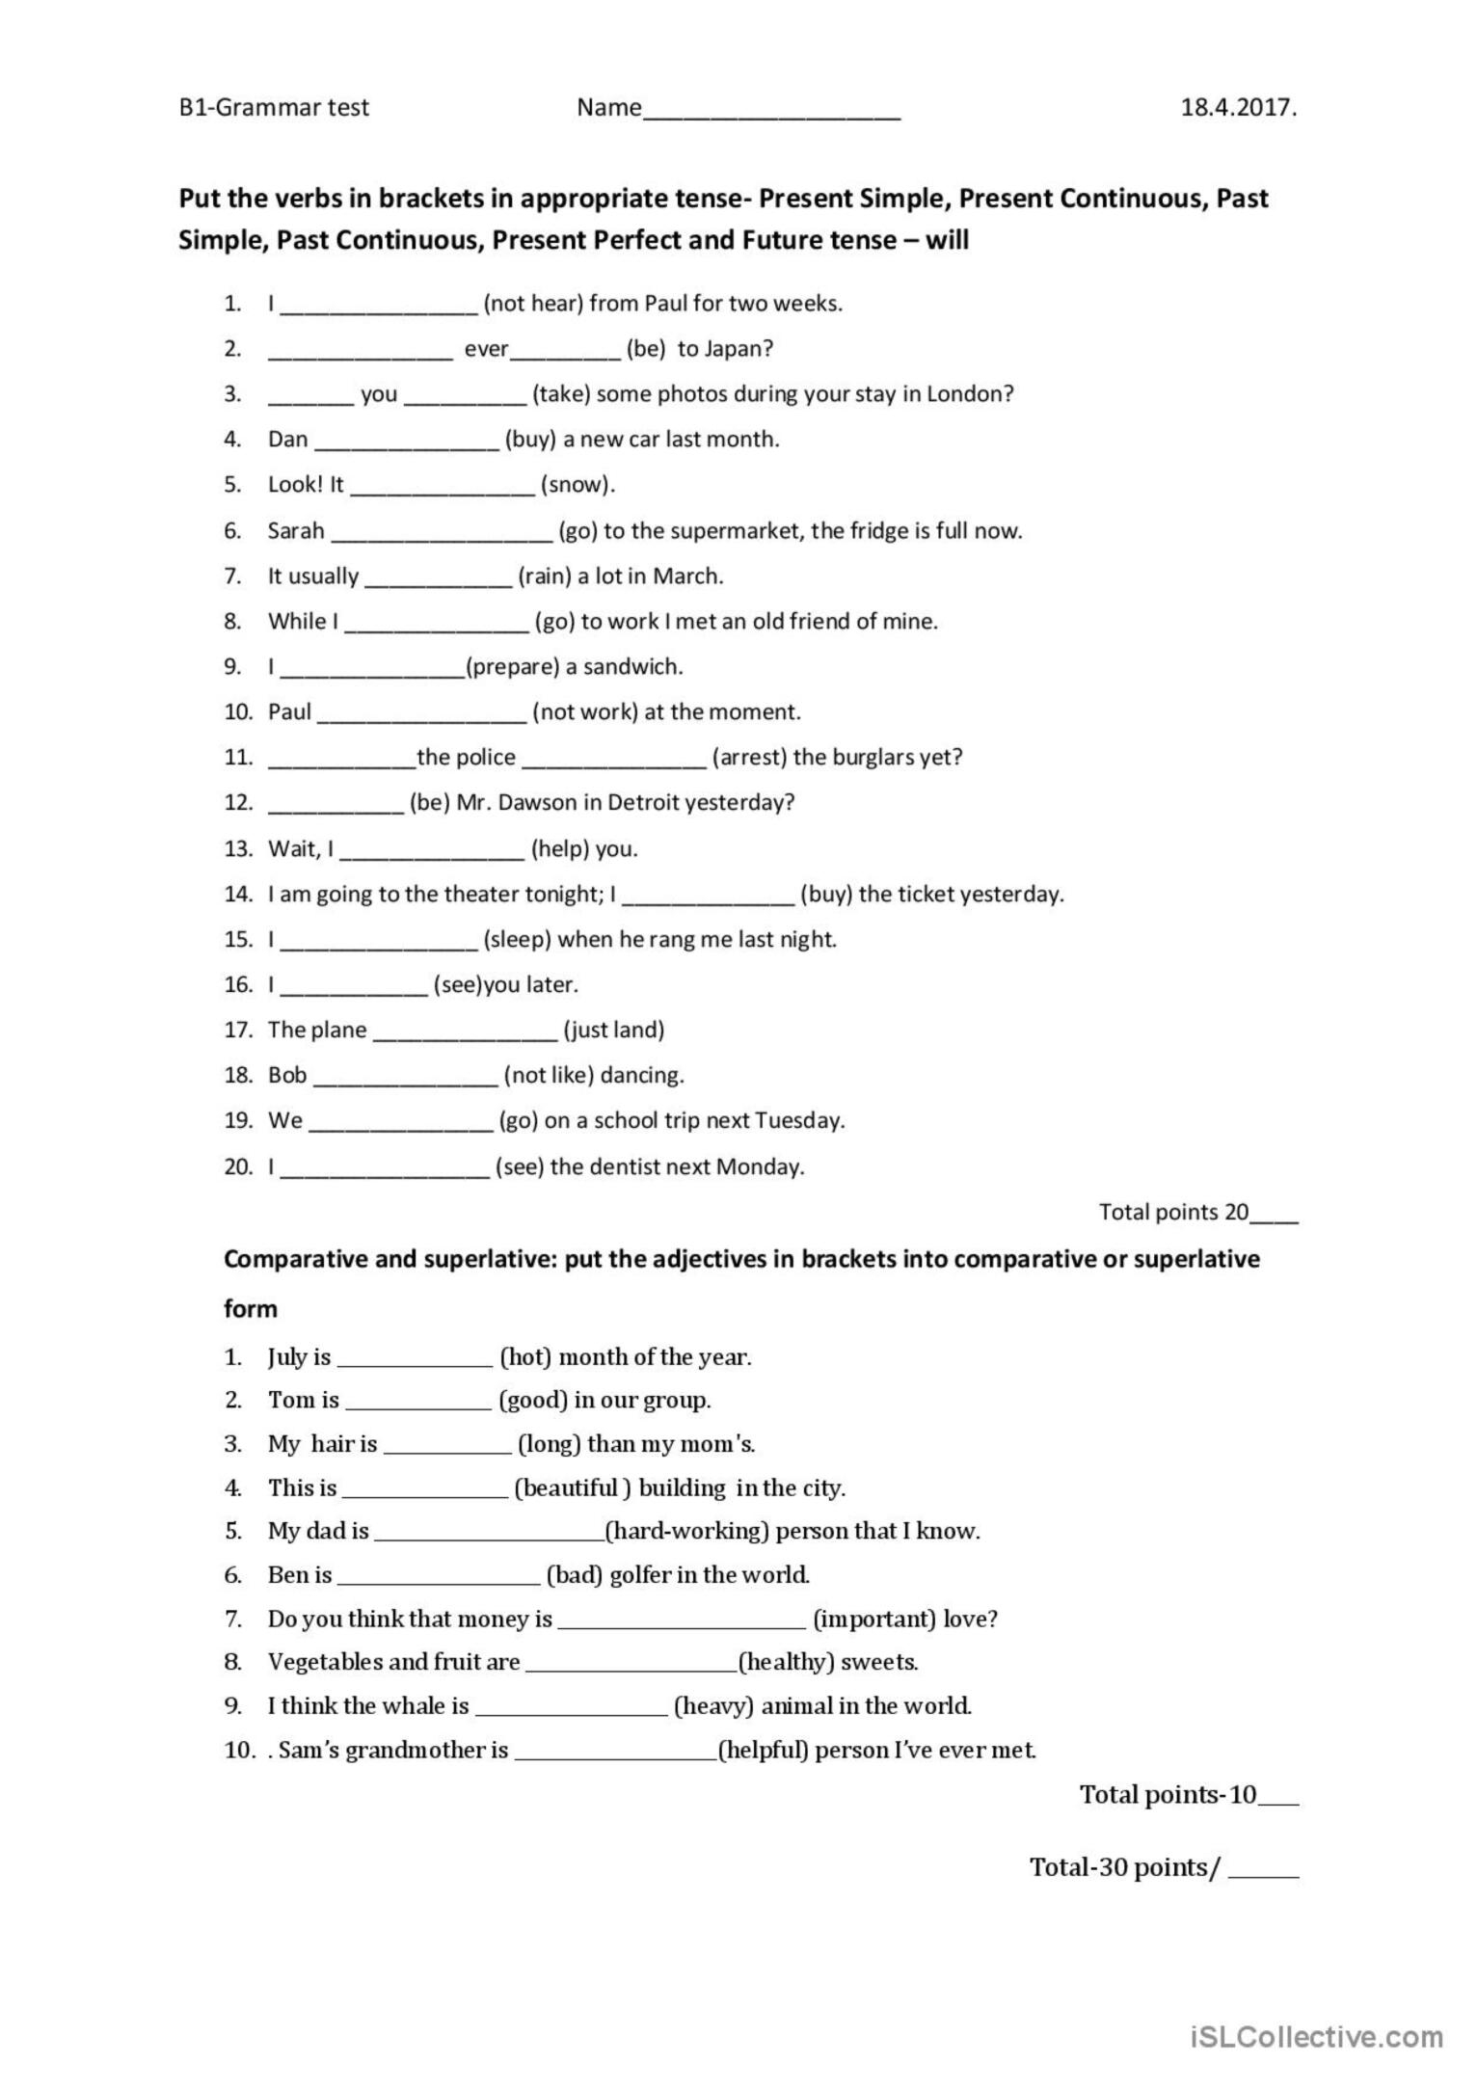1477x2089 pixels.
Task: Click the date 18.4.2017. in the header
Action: pos(1239,108)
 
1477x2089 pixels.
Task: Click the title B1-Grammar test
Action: pos(274,108)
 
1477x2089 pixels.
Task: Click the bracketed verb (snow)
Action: pos(577,485)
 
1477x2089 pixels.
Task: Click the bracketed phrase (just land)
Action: pos(614,1031)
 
